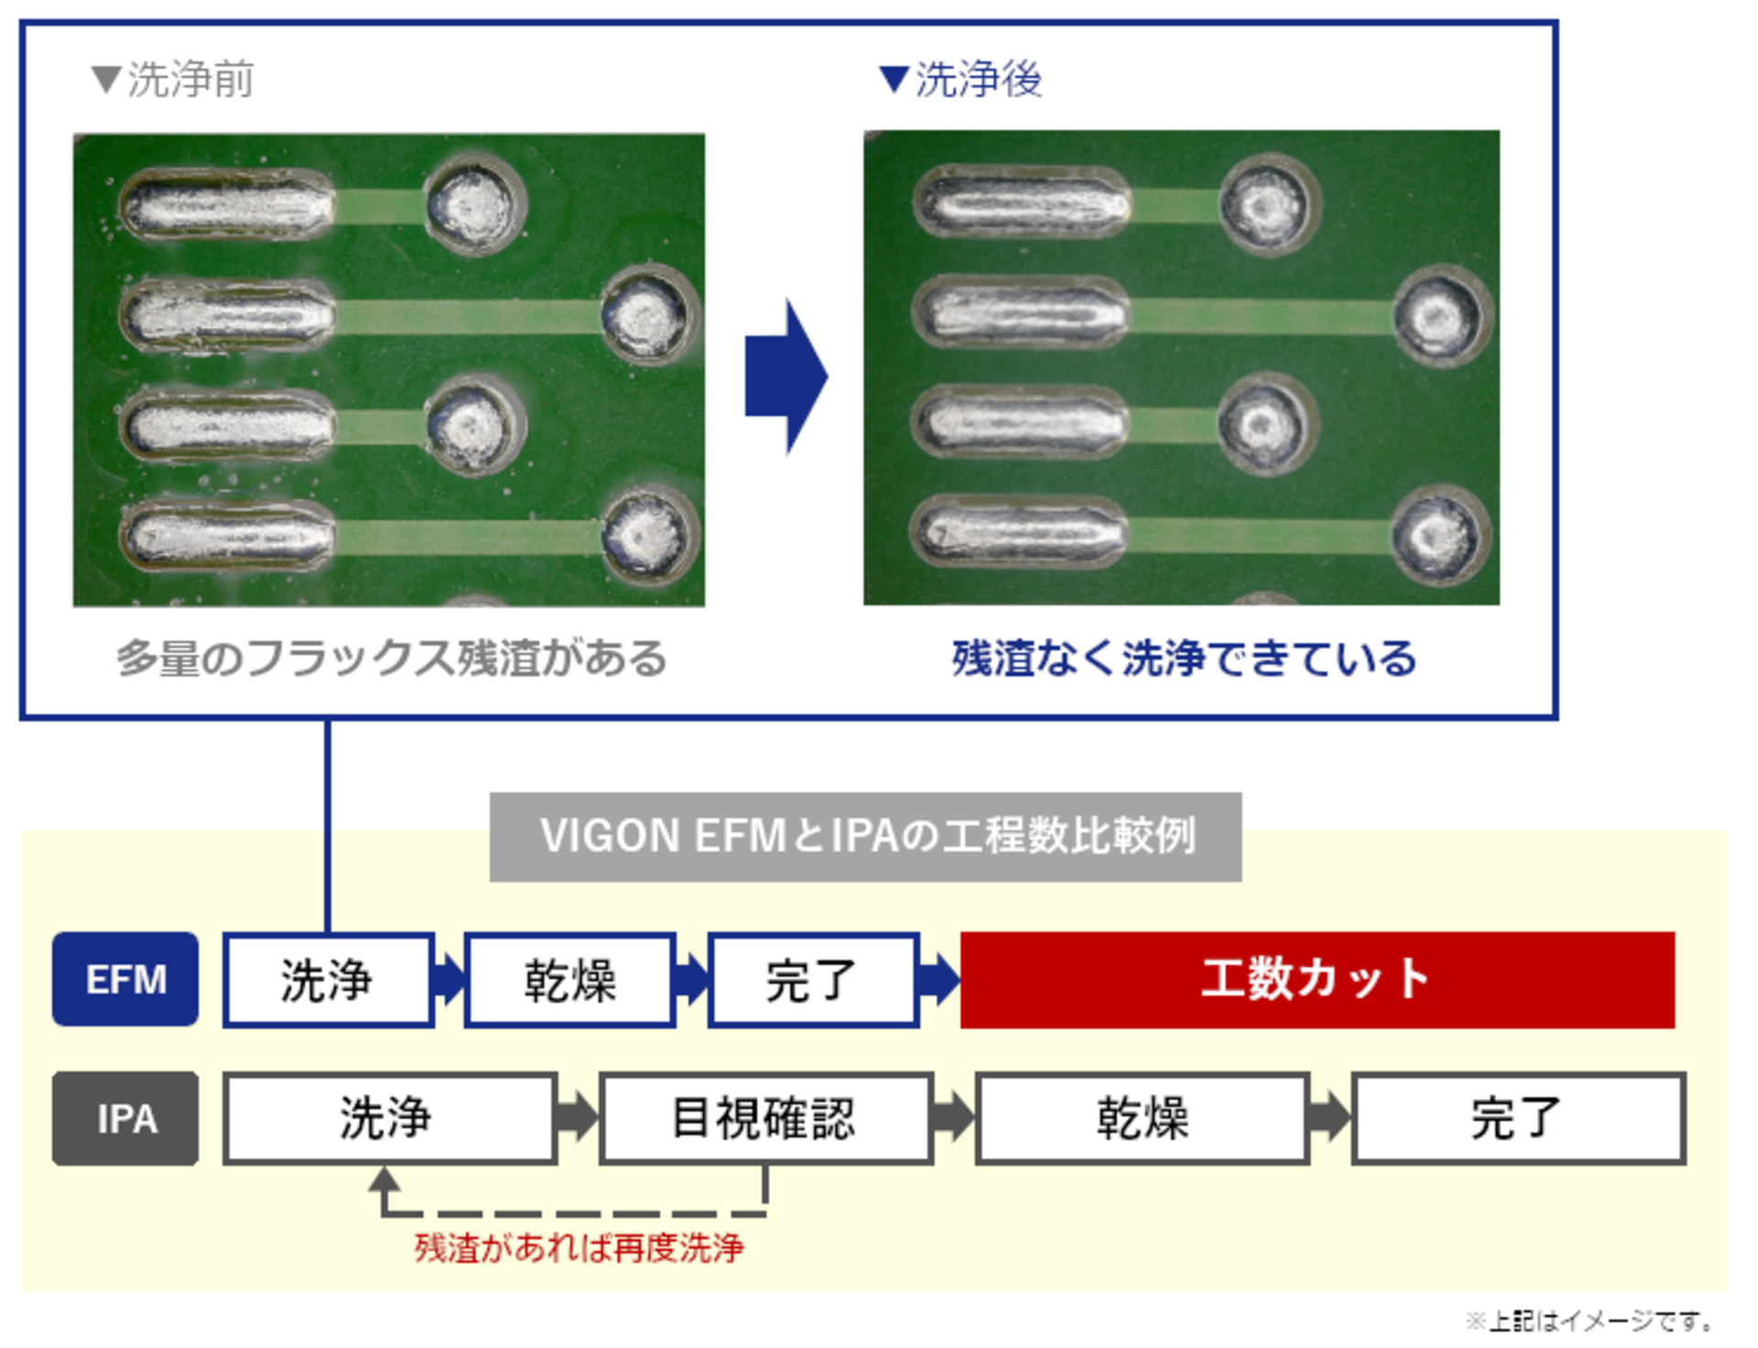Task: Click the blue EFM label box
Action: [x=125, y=979]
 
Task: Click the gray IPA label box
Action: [x=125, y=1118]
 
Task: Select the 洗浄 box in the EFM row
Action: [x=328, y=980]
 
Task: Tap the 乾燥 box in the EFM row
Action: [x=570, y=980]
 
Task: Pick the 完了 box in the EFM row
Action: [x=812, y=980]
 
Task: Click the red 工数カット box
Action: [x=1317, y=980]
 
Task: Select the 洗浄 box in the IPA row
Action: [x=389, y=1118]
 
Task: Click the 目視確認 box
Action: [x=765, y=1118]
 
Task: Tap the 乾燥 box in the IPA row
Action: [x=1142, y=1118]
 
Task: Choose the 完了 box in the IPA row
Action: [x=1518, y=1118]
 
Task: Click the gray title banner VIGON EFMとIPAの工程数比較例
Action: [x=865, y=836]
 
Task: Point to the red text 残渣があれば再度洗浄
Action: [x=579, y=1247]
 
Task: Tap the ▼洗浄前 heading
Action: [x=173, y=80]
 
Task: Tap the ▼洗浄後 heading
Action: [x=960, y=80]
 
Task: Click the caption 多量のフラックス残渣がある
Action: [x=392, y=658]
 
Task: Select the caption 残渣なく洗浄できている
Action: [x=1184, y=658]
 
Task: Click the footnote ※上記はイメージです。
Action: [x=1590, y=1321]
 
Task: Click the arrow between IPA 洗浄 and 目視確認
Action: [x=577, y=1118]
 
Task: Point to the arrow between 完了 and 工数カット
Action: [x=939, y=980]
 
